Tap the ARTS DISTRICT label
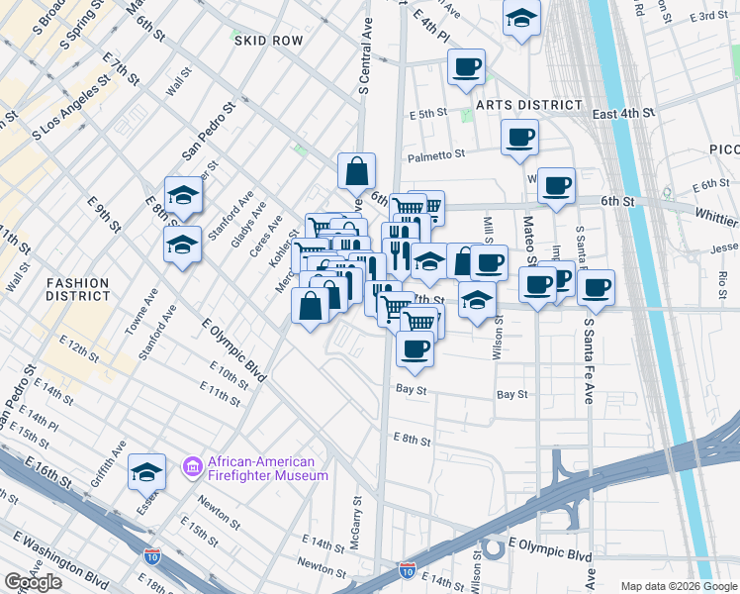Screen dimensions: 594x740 coord(527,105)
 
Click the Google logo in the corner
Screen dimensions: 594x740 coord(34,582)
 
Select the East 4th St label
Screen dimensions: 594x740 coord(624,115)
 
